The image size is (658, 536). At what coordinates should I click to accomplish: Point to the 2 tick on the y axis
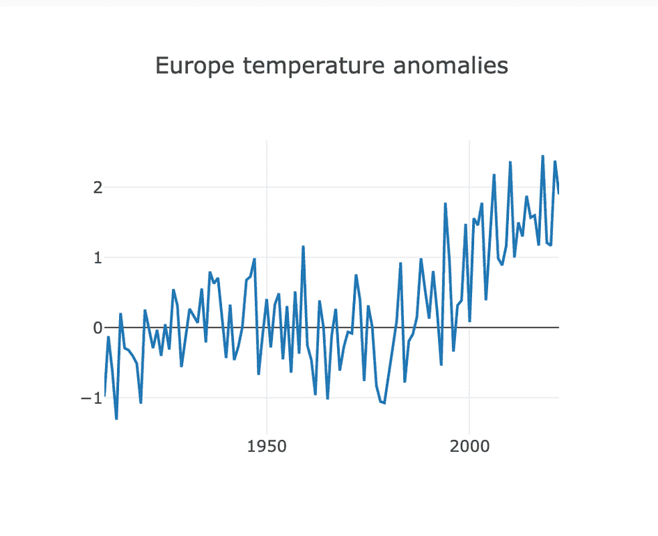click(x=98, y=187)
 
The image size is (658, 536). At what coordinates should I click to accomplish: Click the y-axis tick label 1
click(x=98, y=258)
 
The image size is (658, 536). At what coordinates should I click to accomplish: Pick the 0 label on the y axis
click(x=98, y=327)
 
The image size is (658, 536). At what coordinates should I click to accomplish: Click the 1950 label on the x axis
click(x=267, y=446)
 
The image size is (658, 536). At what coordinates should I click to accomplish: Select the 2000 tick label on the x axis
click(x=469, y=446)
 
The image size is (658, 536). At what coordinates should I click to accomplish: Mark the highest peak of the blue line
click(x=543, y=156)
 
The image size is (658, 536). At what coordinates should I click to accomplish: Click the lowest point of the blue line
click(x=116, y=419)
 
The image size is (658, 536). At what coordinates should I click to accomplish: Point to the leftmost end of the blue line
click(x=104, y=395)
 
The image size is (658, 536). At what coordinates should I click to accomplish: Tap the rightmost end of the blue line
click(x=559, y=193)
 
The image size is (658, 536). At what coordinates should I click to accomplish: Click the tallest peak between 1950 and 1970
click(x=303, y=246)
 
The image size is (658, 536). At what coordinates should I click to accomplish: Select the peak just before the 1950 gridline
click(x=255, y=259)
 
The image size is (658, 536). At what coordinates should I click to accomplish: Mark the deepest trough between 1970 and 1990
click(x=384, y=403)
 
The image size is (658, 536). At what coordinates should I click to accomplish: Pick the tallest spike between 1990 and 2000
click(x=445, y=203)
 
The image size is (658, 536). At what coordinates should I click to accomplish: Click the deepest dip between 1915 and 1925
click(x=141, y=403)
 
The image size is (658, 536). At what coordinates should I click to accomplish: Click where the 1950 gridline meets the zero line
click(x=267, y=327)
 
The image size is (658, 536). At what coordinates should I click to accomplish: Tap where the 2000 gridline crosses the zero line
click(x=469, y=327)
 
